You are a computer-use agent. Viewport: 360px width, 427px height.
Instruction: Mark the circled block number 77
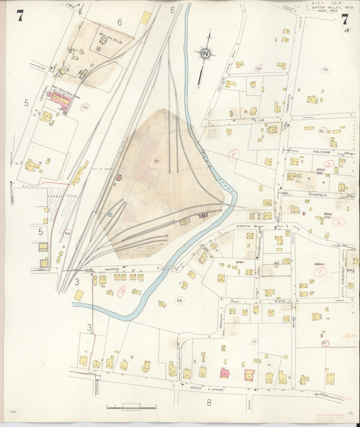coord(254,343)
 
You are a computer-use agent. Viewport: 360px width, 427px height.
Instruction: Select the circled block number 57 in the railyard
coord(157,161)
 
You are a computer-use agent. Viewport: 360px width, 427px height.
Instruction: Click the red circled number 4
coord(233,156)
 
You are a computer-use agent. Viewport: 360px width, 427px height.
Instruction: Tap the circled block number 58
coord(258,68)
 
